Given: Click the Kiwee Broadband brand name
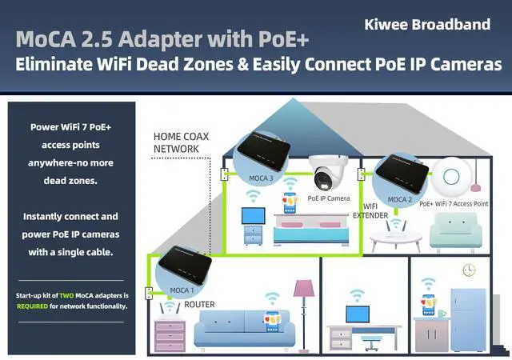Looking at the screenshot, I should pos(427,24).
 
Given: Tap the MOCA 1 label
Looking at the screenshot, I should pos(181,290).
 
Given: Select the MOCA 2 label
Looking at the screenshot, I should pos(400,199).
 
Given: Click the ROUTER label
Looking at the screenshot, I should pos(199,305).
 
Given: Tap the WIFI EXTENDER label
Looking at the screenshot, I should pos(371,211).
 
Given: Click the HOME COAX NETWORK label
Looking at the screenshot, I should pos(181,142).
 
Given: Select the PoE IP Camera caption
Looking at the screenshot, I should pos(328,198).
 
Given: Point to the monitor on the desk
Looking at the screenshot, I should pos(356,314).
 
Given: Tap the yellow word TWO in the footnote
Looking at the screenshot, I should pos(67,296).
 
